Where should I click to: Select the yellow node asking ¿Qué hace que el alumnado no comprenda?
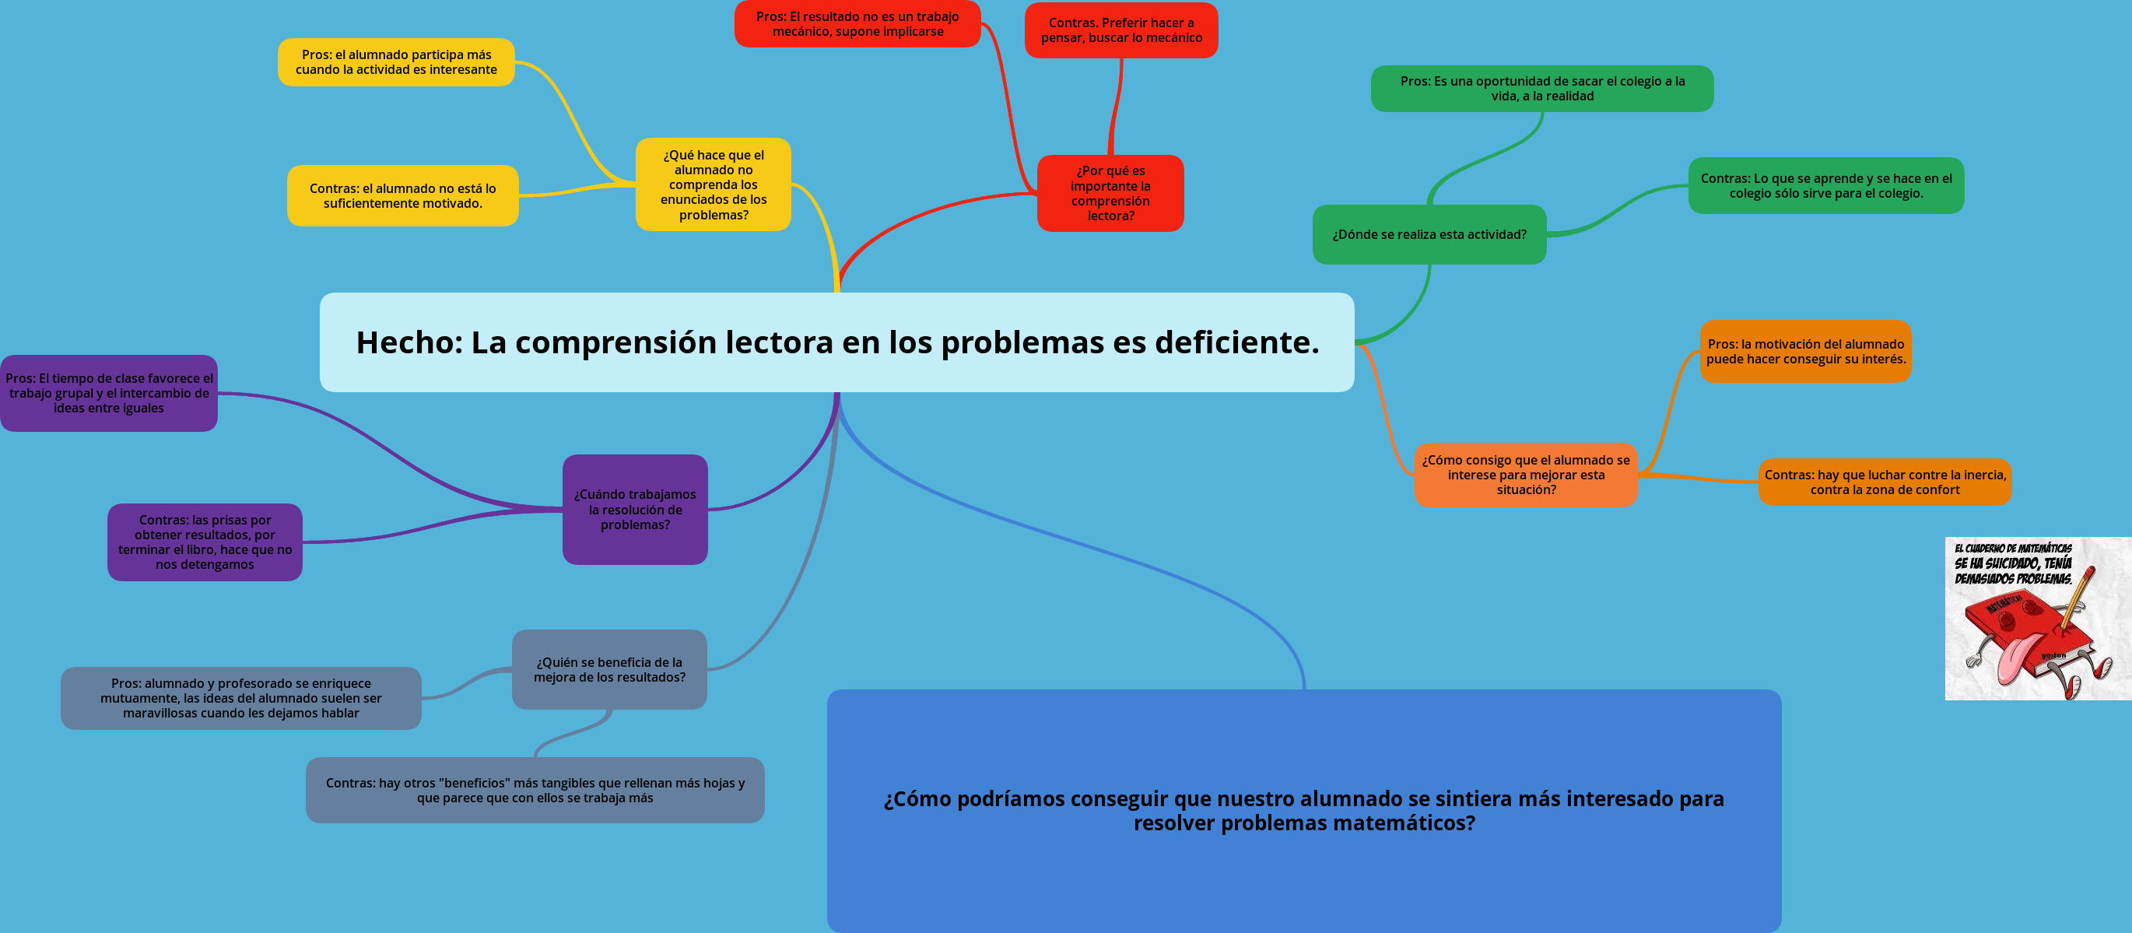coord(713,184)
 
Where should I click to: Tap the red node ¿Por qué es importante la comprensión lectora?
coord(1110,193)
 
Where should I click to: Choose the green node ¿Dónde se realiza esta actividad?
coord(1429,234)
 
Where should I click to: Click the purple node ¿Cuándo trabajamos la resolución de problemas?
coord(635,509)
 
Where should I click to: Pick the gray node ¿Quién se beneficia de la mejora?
coord(609,669)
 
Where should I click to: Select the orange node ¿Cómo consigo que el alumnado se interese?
coord(1525,475)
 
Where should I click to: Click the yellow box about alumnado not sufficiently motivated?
coord(402,195)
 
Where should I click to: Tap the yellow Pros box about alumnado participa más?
coord(395,62)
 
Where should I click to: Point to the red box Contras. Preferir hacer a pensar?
coord(1120,30)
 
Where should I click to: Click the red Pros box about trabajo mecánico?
coord(857,24)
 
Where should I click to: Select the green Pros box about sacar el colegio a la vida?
coord(1541,89)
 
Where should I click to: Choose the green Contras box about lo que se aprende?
coord(1825,185)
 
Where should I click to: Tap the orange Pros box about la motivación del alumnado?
coord(1805,351)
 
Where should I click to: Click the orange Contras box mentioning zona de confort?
coord(1884,482)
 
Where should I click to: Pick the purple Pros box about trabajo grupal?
coord(108,393)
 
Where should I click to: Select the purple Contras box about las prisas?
coord(205,542)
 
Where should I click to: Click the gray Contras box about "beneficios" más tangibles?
coord(535,790)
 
